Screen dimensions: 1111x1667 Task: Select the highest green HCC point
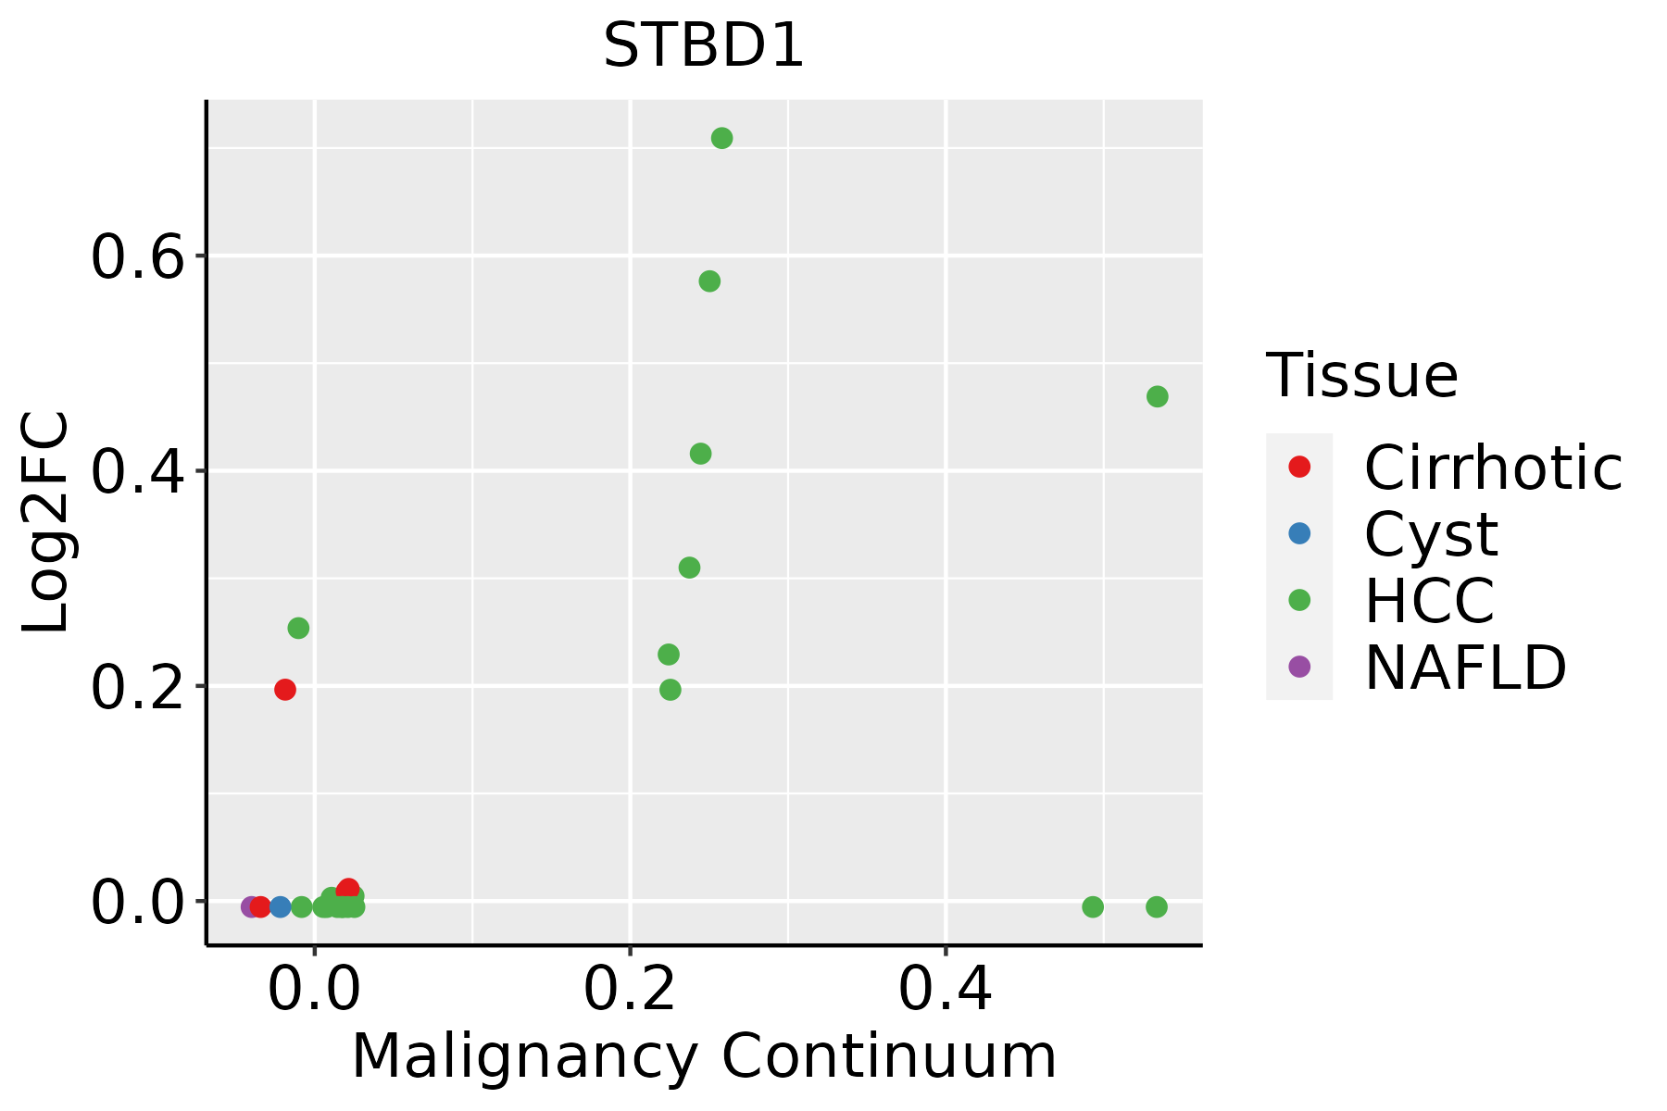[x=721, y=139]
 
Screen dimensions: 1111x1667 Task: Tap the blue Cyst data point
[x=281, y=906]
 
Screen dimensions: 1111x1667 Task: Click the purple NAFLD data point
[x=250, y=906]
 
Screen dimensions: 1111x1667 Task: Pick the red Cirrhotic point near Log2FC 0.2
[x=285, y=690]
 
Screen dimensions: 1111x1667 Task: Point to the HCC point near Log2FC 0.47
[x=1157, y=396]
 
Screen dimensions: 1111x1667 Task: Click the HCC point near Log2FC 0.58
[x=709, y=281]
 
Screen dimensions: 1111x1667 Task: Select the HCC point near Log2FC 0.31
[x=689, y=568]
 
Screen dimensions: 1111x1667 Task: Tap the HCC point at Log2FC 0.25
[x=298, y=629]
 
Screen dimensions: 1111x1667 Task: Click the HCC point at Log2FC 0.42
[x=700, y=454]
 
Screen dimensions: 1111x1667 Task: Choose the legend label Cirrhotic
[x=1492, y=468]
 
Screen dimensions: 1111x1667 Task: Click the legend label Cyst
[x=1431, y=534]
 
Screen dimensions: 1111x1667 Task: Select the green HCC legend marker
[x=1299, y=600]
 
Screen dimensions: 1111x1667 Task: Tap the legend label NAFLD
[x=1465, y=668]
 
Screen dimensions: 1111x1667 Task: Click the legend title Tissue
[x=1361, y=376]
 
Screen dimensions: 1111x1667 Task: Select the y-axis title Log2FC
[x=46, y=522]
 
